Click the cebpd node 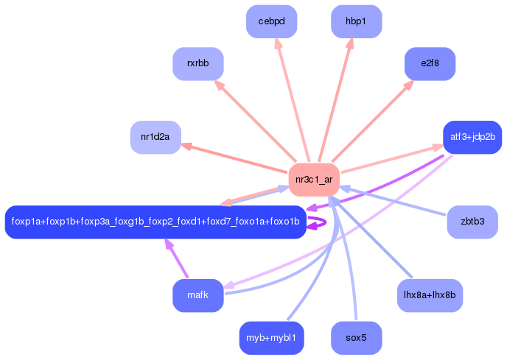pos(272,21)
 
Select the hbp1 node pos(357,21)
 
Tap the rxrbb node pos(198,63)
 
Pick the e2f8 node pos(430,63)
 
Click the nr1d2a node pos(155,137)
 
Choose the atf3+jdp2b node pos(472,137)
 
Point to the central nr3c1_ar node pos(314,180)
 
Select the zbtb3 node pos(472,222)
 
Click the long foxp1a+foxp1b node pos(155,222)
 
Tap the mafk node pos(198,295)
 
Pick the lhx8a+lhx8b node pos(430,295)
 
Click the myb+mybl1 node pos(272,338)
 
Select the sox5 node pos(357,338)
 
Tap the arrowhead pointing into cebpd pos(278,43)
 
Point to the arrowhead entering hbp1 pos(350,43)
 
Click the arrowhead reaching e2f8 pos(409,85)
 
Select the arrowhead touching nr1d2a pos(186,146)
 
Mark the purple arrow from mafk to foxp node pos(177,258)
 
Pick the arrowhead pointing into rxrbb pos(219,85)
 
